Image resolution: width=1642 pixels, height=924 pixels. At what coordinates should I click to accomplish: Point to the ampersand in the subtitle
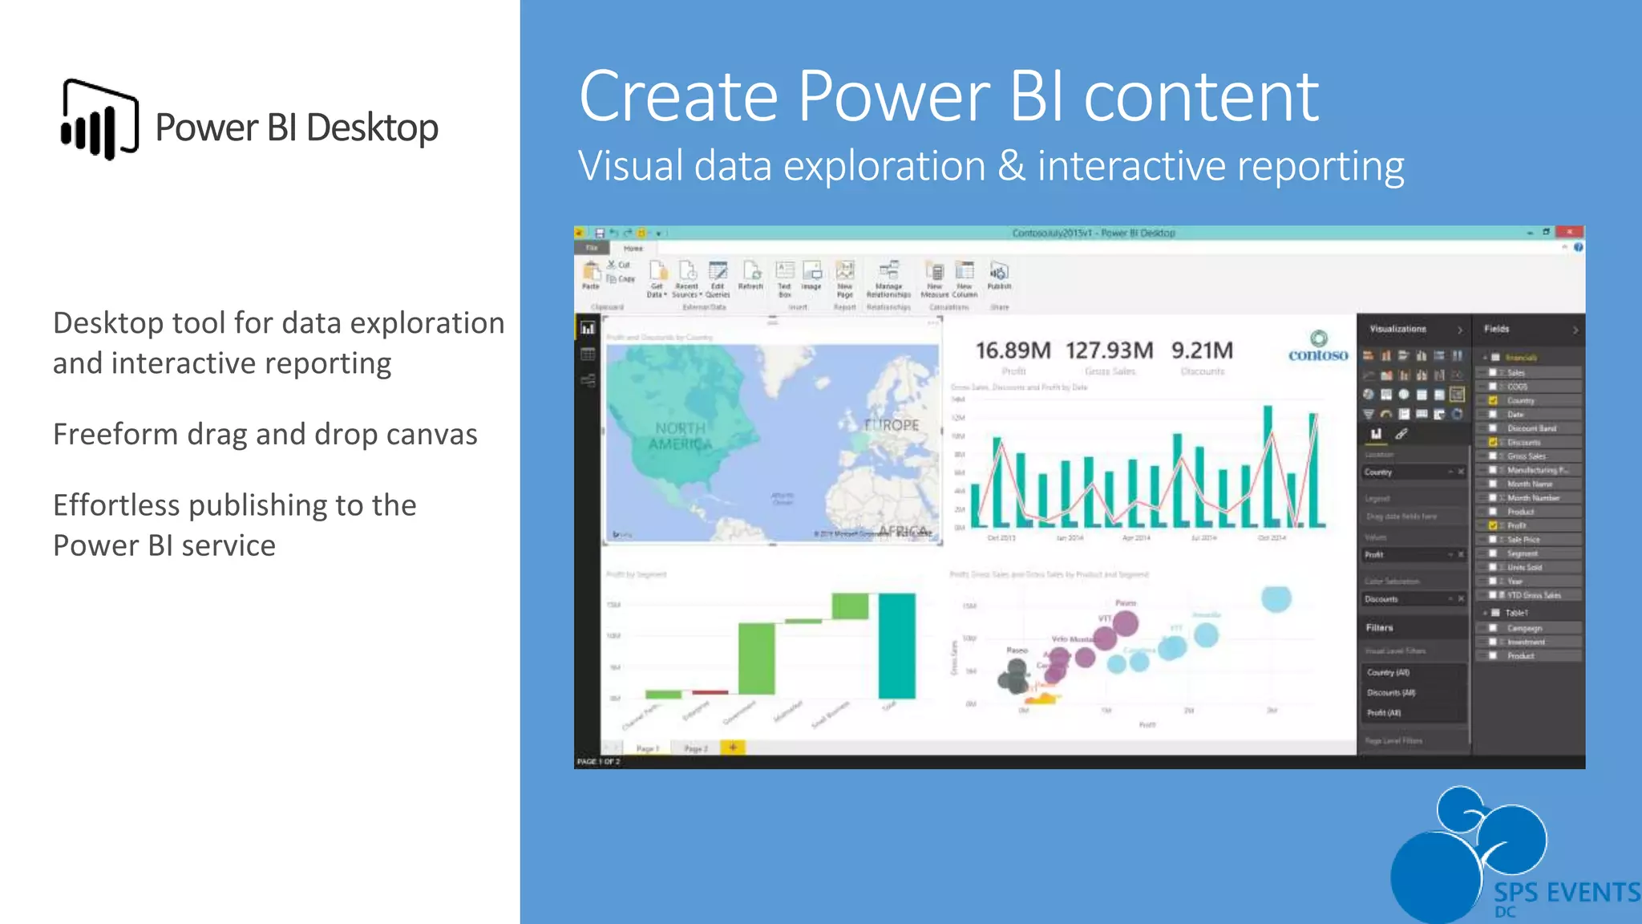click(x=1011, y=166)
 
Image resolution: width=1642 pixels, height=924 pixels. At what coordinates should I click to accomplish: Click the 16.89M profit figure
click(x=1013, y=351)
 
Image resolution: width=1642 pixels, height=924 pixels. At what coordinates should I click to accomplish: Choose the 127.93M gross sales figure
click(x=1109, y=351)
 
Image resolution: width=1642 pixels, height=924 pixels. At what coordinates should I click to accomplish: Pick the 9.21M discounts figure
click(x=1202, y=351)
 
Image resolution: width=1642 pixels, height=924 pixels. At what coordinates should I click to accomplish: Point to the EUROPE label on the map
click(x=892, y=425)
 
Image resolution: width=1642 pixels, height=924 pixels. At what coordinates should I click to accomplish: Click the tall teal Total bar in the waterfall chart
click(x=896, y=646)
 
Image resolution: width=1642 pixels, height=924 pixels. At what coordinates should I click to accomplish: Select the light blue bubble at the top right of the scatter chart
click(x=1276, y=598)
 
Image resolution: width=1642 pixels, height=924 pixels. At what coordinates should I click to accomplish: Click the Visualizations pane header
click(x=1397, y=329)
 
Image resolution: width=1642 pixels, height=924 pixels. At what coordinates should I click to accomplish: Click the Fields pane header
click(x=1496, y=329)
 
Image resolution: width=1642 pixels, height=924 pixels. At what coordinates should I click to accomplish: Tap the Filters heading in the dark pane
click(x=1379, y=627)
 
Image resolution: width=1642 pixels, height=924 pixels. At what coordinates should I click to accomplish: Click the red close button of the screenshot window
click(x=1569, y=233)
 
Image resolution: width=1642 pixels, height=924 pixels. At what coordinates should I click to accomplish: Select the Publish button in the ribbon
click(x=999, y=276)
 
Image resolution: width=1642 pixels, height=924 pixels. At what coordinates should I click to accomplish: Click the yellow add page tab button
click(x=733, y=748)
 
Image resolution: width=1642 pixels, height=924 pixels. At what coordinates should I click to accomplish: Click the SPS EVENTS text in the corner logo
click(x=1566, y=892)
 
